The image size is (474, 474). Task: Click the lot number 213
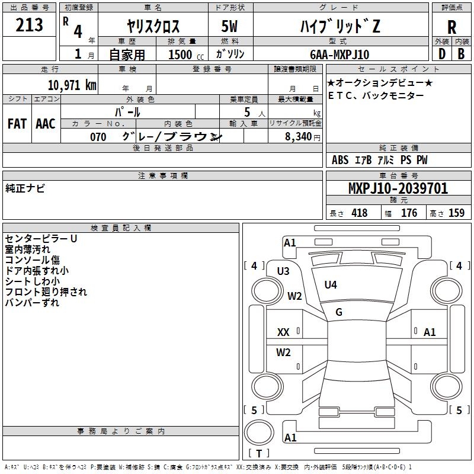[x=30, y=25]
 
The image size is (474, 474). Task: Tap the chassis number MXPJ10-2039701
[x=398, y=189]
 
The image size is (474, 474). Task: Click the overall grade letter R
[x=452, y=27]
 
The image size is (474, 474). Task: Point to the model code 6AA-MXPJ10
[x=340, y=55]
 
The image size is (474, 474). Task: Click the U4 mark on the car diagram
[x=331, y=285]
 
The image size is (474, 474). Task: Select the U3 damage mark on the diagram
[x=283, y=271]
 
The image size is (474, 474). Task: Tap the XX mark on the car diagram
[x=284, y=332]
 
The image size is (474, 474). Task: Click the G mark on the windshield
[x=339, y=312]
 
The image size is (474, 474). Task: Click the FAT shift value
[x=17, y=124]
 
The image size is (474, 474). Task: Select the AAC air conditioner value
[x=46, y=124]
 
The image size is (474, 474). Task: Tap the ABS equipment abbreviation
[x=340, y=160]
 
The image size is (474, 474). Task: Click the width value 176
[x=409, y=213]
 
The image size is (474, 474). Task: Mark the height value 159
[x=456, y=213]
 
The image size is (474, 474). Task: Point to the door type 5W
[x=230, y=27]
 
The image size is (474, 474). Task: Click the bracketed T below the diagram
[x=259, y=454]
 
